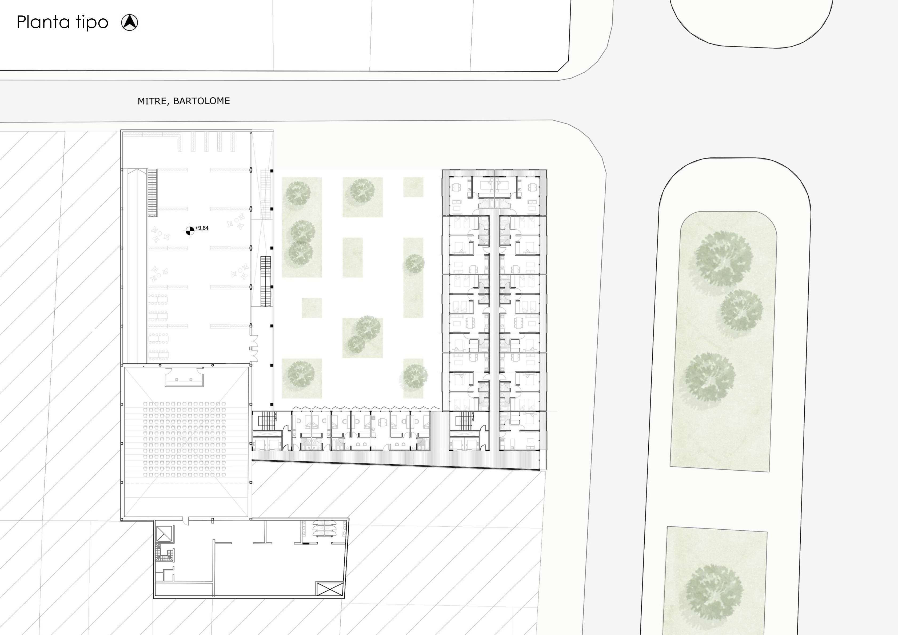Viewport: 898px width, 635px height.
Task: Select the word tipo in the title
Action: click(92, 23)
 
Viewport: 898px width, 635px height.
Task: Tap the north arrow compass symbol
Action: click(129, 22)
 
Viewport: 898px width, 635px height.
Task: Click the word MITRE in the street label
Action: click(153, 101)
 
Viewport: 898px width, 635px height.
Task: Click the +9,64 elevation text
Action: click(202, 228)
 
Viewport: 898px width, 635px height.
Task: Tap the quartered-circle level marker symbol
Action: click(189, 231)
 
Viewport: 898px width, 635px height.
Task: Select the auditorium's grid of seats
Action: click(185, 439)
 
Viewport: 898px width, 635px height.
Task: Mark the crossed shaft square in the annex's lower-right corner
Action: click(329, 589)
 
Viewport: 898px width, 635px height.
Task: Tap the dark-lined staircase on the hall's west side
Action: click(152, 192)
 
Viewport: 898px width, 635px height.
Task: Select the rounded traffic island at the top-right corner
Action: click(751, 23)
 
